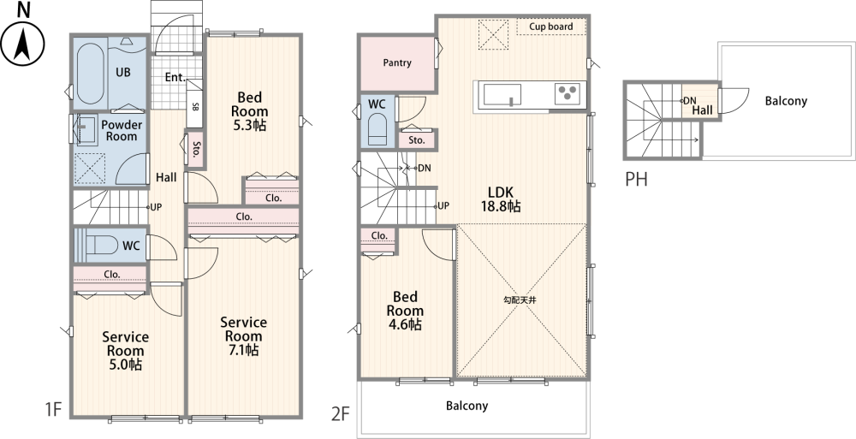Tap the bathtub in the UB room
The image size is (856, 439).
pyautogui.click(x=90, y=74)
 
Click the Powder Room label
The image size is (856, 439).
pyautogui.click(x=122, y=130)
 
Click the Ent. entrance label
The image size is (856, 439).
pyautogui.click(x=175, y=78)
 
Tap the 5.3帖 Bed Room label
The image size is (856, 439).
pyautogui.click(x=249, y=111)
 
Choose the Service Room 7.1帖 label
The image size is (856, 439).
pyautogui.click(x=243, y=335)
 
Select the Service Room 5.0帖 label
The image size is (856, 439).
pyautogui.click(x=125, y=351)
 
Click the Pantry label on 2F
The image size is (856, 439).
pyautogui.click(x=397, y=62)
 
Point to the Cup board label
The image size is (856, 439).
pyautogui.click(x=550, y=27)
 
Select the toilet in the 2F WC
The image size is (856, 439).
pyautogui.click(x=377, y=132)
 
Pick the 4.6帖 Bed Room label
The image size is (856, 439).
pyautogui.click(x=405, y=311)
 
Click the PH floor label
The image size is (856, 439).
pyautogui.click(x=636, y=179)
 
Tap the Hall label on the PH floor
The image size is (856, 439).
pyautogui.click(x=702, y=110)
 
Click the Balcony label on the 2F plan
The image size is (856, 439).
pyautogui.click(x=467, y=406)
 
